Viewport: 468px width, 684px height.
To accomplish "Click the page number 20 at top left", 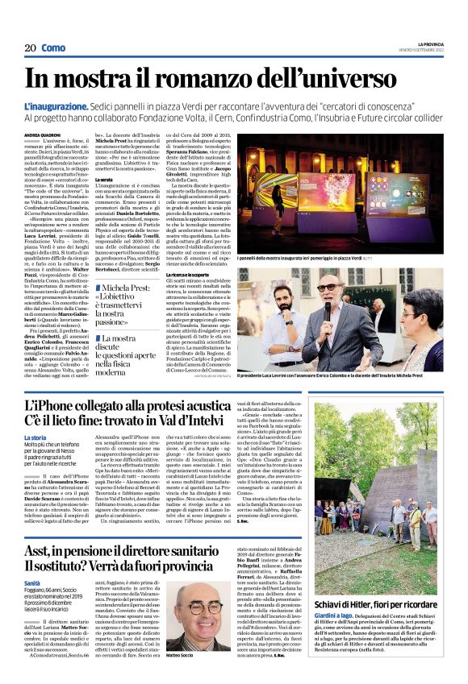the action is click(30, 48).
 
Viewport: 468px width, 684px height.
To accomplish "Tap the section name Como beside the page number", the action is click(54, 48).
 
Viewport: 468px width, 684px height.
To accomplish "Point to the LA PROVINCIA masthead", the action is click(431, 43).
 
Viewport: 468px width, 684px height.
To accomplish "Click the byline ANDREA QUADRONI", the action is click(42, 135).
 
